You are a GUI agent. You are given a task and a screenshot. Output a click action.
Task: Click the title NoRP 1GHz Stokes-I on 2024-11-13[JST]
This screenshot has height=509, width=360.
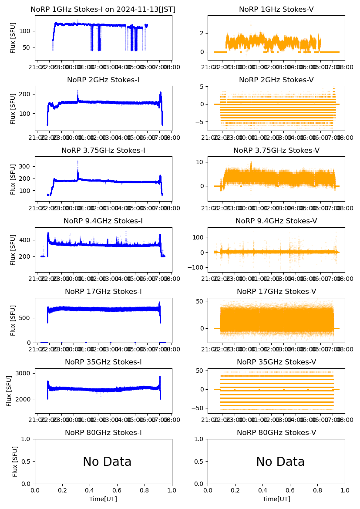coord(103,9)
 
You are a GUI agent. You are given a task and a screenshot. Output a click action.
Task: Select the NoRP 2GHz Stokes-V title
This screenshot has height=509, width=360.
coord(276,80)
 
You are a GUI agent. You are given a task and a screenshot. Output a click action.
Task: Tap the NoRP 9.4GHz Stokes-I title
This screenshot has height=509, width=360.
coord(103,221)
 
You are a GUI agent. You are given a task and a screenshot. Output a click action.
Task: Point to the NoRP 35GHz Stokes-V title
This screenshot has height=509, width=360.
coord(276,362)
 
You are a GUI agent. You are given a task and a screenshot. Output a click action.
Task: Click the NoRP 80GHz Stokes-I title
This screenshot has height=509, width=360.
coord(103,432)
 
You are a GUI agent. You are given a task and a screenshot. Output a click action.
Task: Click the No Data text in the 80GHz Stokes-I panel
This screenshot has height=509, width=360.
coord(107,462)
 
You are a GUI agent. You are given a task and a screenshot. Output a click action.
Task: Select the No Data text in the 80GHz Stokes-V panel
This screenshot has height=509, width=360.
coord(280,462)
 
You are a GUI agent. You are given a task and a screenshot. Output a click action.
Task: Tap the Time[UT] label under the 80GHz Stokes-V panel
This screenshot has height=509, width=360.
coord(276,499)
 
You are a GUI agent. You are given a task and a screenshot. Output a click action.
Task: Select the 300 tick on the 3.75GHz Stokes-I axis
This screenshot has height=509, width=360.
coord(26,166)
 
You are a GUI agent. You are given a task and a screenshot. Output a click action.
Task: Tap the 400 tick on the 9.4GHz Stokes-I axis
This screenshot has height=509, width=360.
coord(26,240)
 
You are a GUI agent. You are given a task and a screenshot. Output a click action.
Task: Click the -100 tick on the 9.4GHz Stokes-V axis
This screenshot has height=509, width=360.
coord(196,267)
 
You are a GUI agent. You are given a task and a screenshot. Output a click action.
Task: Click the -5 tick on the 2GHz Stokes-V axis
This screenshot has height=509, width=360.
coord(200,122)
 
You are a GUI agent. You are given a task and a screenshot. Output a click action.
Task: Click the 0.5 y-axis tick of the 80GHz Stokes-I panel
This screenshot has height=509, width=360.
coord(27,462)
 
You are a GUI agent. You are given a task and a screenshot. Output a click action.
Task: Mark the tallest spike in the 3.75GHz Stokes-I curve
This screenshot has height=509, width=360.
coord(77,162)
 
